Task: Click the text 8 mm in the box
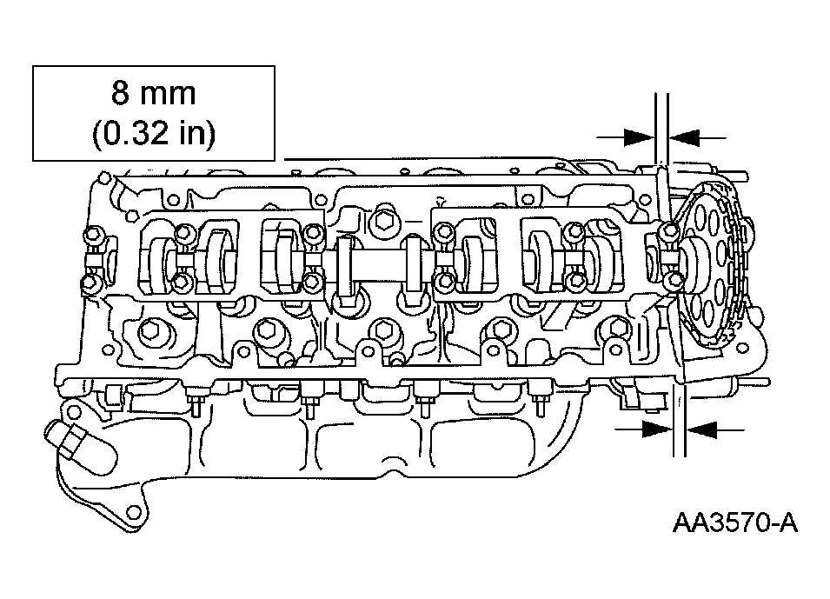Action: (153, 93)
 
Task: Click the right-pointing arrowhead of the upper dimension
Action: (639, 136)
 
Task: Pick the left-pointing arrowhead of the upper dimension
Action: (685, 136)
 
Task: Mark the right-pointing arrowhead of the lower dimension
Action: (657, 428)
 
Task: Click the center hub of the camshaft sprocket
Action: (695, 257)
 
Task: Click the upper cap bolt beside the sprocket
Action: (667, 231)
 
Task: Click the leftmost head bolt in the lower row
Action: (150, 329)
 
